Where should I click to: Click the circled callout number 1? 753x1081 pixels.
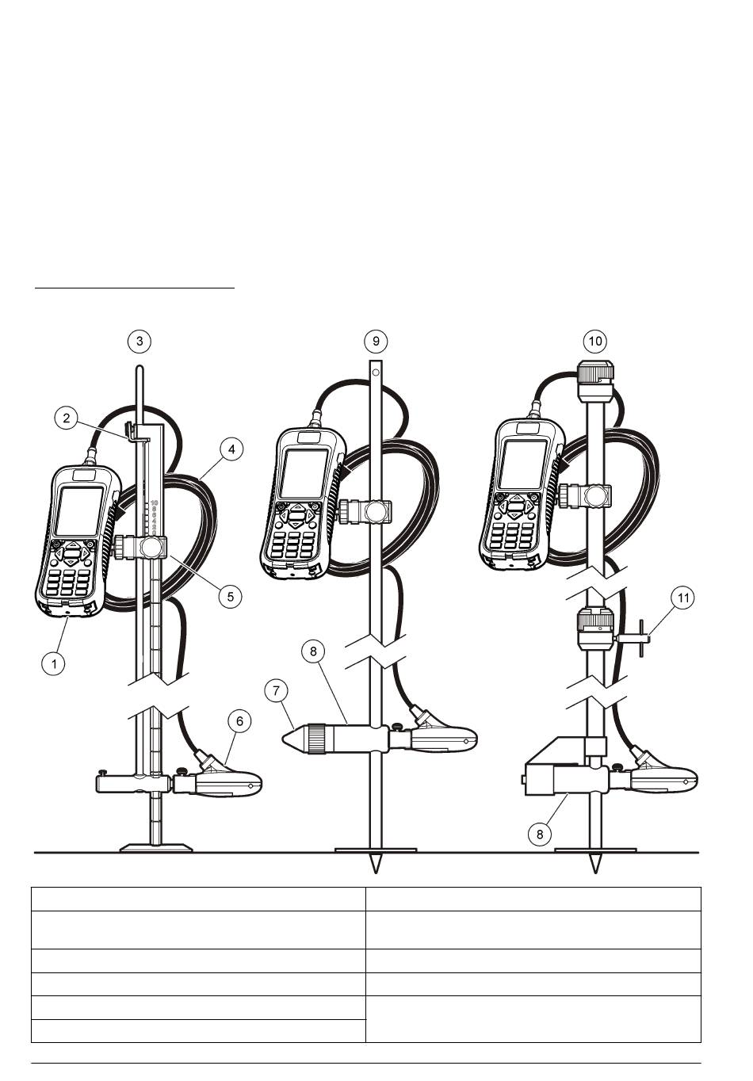53,663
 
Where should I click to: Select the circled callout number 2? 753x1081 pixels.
67,418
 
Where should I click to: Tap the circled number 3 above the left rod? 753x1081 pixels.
140,341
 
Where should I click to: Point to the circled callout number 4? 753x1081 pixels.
231,449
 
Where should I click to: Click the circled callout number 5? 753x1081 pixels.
230,596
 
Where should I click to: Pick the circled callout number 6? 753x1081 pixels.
239,720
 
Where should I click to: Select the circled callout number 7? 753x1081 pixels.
276,690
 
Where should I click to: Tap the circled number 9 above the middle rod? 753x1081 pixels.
376,341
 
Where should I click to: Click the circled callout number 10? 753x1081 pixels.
594,341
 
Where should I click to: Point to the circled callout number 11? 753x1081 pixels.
683,598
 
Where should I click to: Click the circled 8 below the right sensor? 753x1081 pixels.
540,834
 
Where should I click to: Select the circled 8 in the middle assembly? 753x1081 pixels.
313,651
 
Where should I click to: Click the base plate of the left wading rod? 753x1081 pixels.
156,847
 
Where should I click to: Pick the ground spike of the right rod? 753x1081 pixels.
594,863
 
